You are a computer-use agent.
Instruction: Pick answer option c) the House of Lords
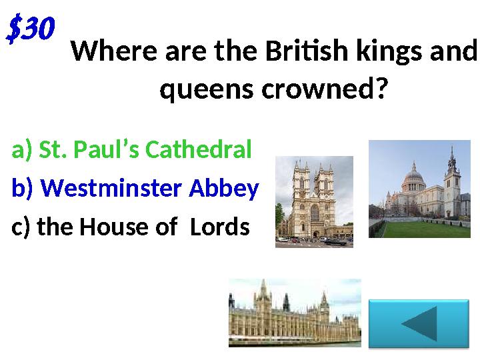130,227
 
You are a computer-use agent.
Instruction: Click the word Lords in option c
219,227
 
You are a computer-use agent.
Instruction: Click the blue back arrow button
419,323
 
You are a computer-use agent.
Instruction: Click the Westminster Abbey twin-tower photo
314,201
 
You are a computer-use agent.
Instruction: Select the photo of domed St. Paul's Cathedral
419,189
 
